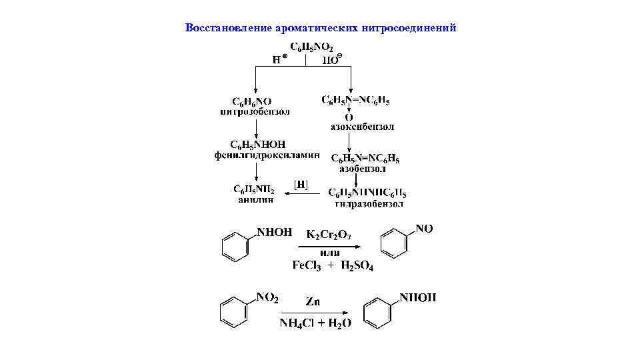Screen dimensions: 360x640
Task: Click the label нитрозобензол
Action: pos(255,112)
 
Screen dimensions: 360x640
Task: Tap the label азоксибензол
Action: pos(362,126)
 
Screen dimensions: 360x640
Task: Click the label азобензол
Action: pos(362,169)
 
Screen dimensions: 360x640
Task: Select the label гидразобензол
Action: pos(369,203)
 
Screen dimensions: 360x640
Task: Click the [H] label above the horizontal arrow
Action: pos(301,184)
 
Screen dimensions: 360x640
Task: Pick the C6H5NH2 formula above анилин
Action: pos(253,189)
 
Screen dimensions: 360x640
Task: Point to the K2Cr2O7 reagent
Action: pos(328,235)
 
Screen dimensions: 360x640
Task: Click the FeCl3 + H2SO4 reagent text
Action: pos(333,266)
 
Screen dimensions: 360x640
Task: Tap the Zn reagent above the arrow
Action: pos(313,301)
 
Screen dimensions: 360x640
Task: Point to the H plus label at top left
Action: pos(280,59)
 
